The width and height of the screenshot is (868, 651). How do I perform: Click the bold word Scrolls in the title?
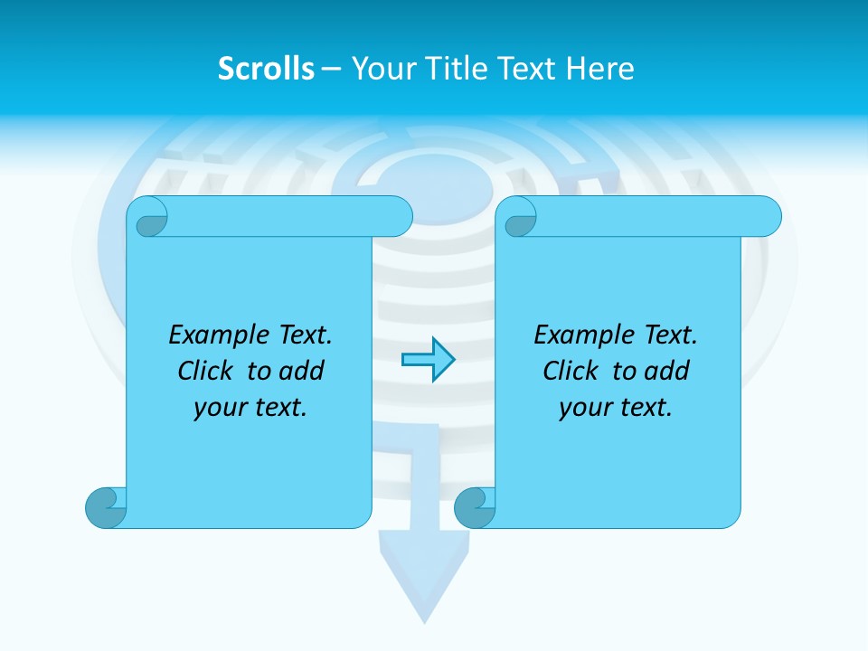pyautogui.click(x=267, y=69)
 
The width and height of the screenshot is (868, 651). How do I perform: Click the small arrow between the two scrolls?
pyautogui.click(x=428, y=360)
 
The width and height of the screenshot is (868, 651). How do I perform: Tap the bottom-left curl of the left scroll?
pyautogui.click(x=105, y=507)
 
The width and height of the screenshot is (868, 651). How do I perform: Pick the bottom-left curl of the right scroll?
pyautogui.click(x=474, y=507)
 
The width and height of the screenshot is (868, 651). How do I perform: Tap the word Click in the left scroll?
pyautogui.click(x=198, y=371)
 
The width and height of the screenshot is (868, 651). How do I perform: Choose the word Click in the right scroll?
pyautogui.click(x=563, y=371)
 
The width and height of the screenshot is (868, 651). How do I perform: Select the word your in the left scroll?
pyautogui.click(x=218, y=409)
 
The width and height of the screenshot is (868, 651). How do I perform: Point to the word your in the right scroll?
pyautogui.click(x=583, y=409)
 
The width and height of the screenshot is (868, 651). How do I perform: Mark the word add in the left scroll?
pyautogui.click(x=301, y=371)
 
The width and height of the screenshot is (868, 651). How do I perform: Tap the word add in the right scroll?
pyautogui.click(x=666, y=371)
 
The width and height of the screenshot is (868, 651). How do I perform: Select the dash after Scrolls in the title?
pyautogui.click(x=331, y=69)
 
